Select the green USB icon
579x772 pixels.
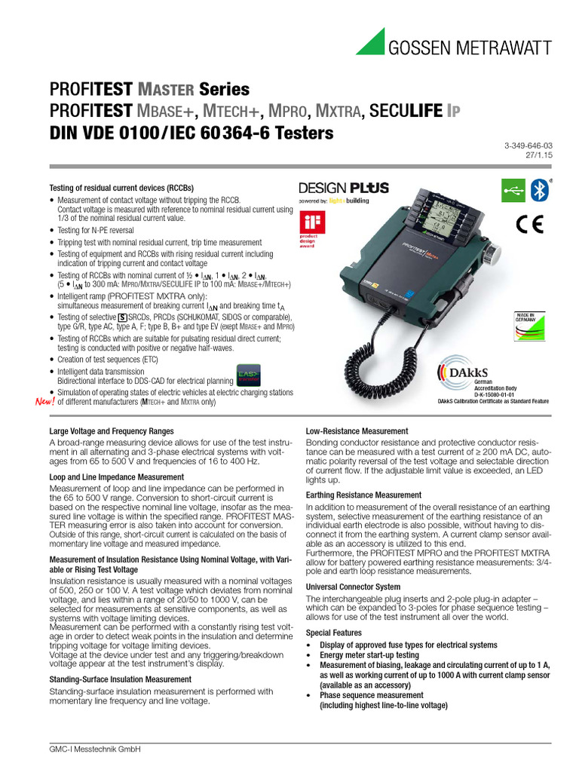(x=513, y=190)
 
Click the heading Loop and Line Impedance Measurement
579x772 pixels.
(x=116, y=477)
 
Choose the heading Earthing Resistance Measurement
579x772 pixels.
(x=363, y=495)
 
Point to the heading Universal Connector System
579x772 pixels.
(x=353, y=587)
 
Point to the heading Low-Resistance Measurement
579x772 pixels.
(x=357, y=431)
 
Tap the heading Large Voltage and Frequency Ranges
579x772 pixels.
(x=112, y=431)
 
